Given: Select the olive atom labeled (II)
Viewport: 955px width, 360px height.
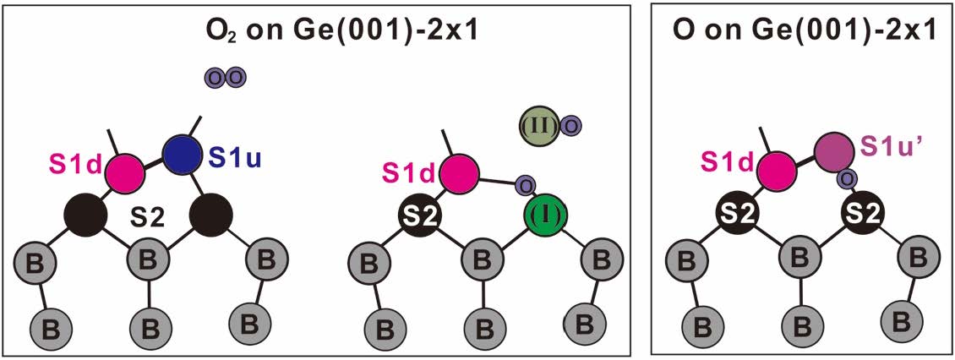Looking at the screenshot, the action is (x=540, y=126).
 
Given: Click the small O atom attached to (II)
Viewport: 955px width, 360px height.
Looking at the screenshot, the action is (x=571, y=127).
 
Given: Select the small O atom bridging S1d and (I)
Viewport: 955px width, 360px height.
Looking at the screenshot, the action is (x=524, y=185).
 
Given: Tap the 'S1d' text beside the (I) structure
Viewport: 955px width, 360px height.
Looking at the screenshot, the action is (x=407, y=173).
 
